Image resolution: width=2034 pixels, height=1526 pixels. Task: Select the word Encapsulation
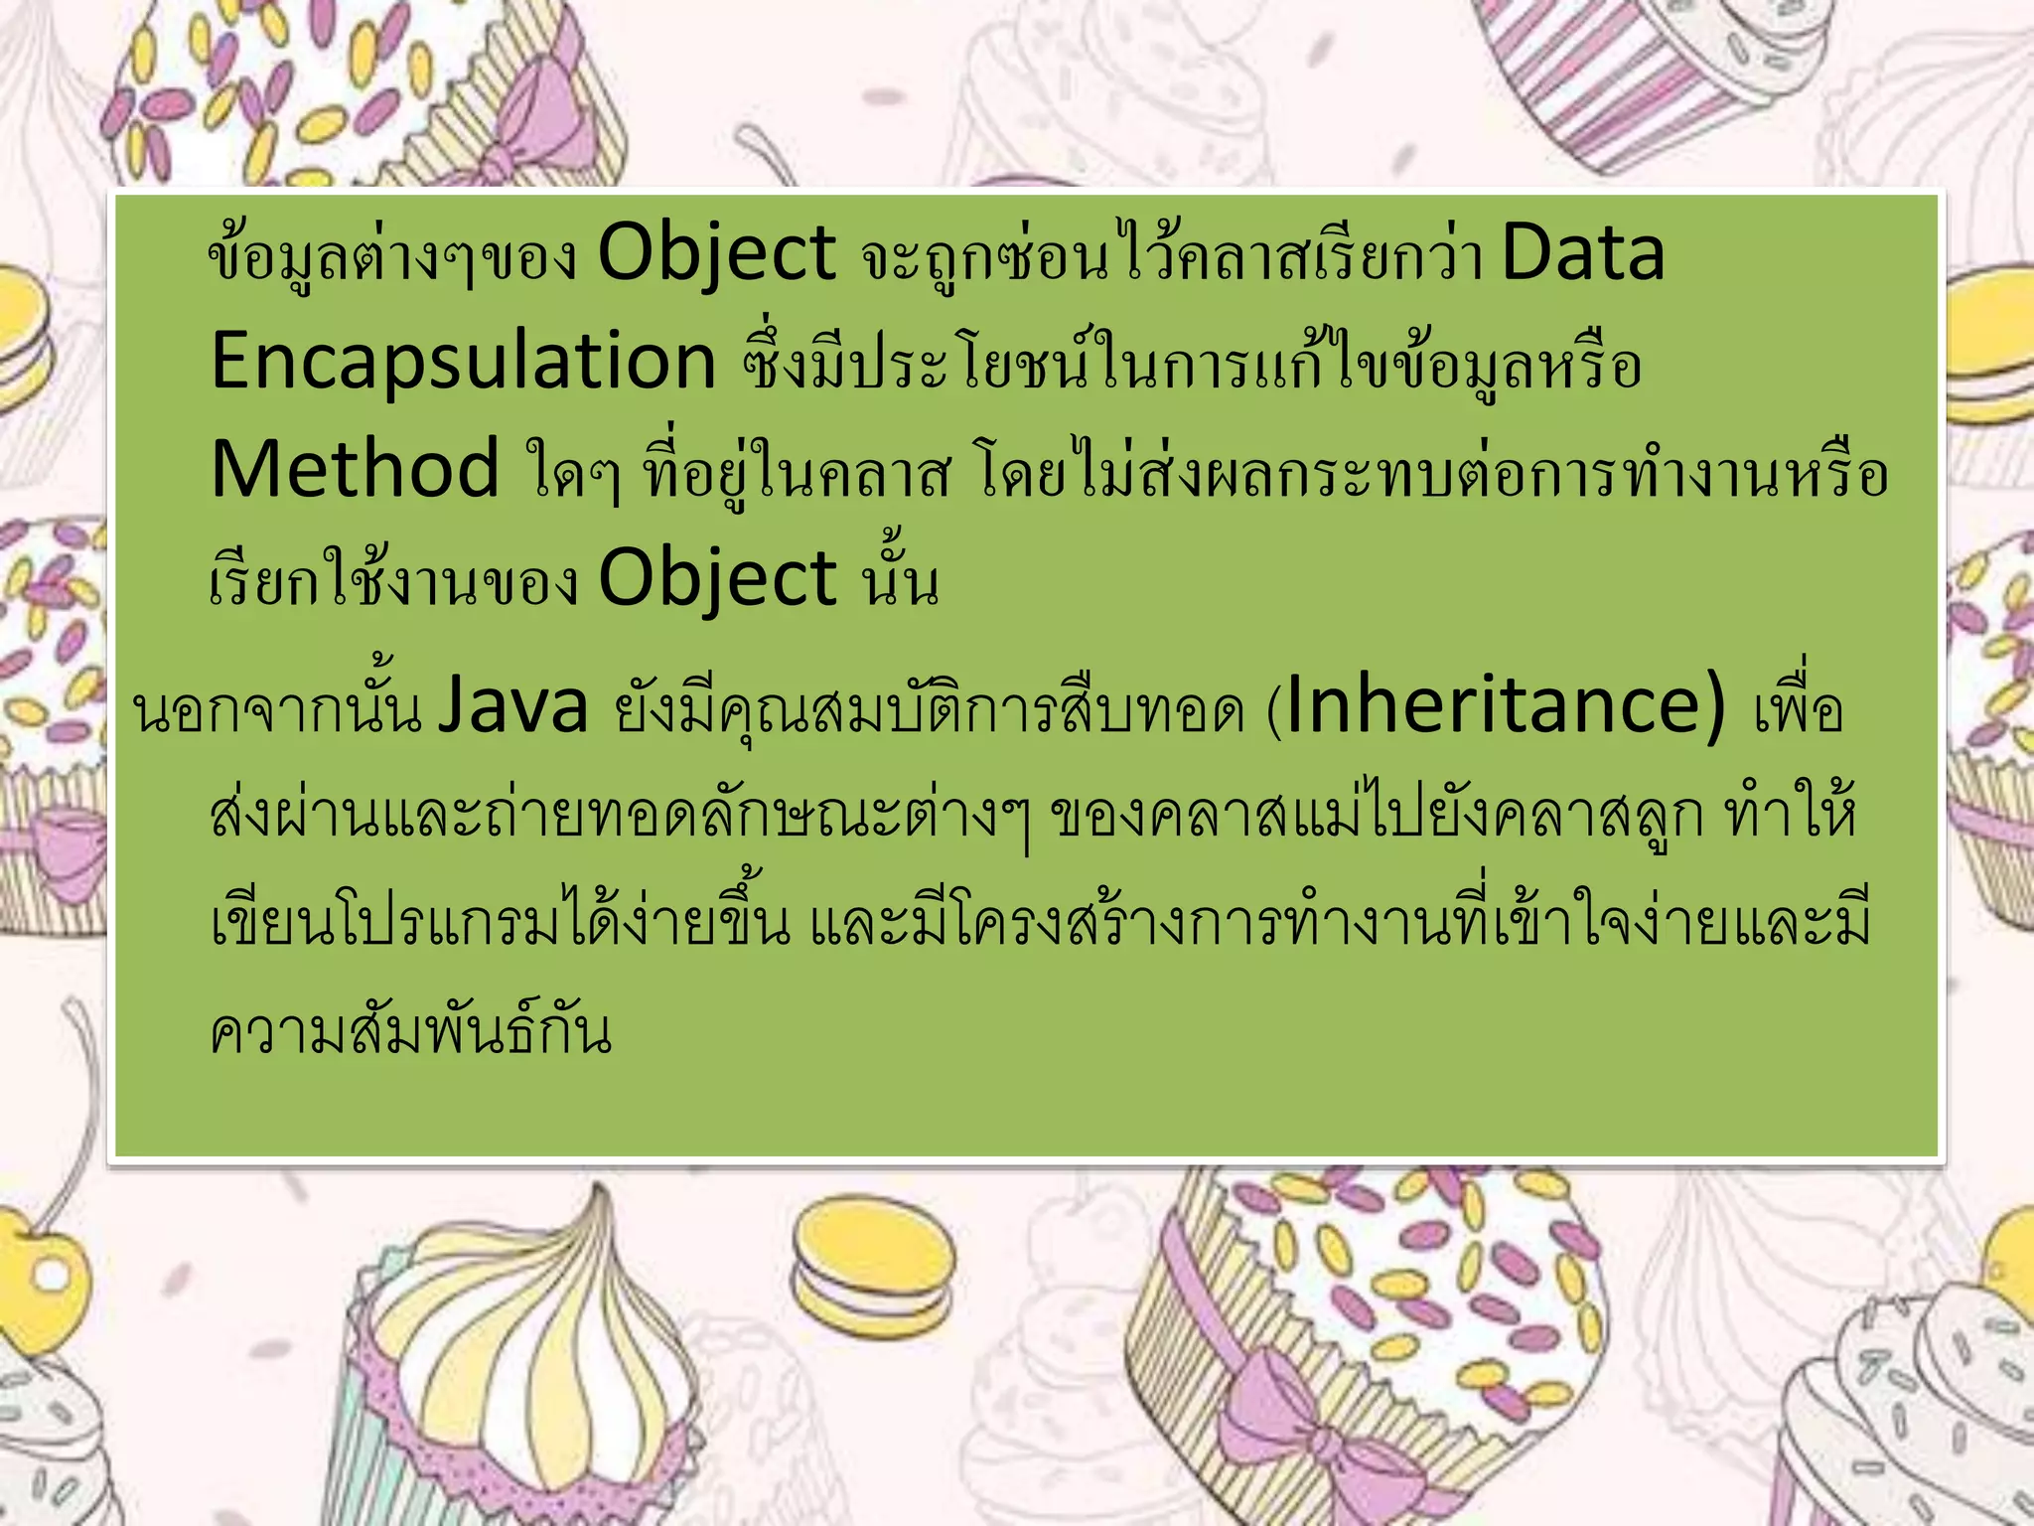coord(464,362)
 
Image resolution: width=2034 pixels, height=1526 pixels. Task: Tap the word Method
coord(355,469)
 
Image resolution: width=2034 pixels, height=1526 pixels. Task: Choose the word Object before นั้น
coord(717,579)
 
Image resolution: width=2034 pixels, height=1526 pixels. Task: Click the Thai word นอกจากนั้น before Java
coord(278,707)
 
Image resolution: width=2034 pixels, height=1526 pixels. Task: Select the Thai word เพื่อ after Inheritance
coord(1798,707)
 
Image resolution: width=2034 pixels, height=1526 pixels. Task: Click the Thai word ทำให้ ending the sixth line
coord(1791,815)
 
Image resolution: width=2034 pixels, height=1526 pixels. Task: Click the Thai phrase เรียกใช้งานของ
coord(393,579)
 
